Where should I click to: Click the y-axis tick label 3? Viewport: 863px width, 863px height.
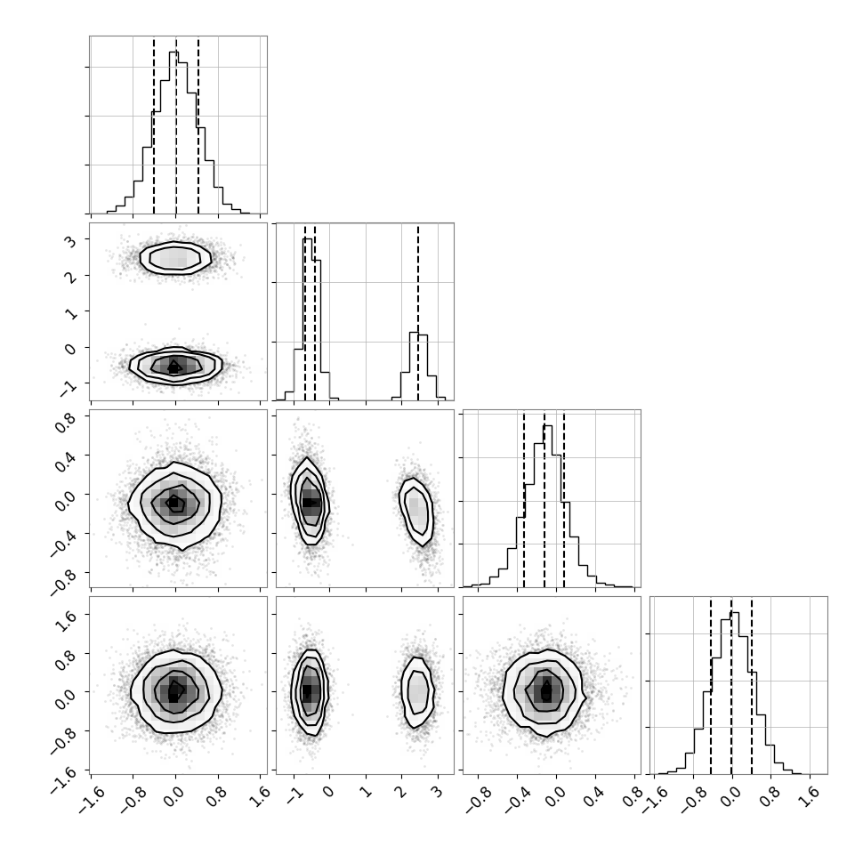click(71, 240)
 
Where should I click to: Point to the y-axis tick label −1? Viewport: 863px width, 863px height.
click(69, 388)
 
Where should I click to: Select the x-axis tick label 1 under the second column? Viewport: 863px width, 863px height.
click(365, 792)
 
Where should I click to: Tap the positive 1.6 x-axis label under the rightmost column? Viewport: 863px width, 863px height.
click(811, 797)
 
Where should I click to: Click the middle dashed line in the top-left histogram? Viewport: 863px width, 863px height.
click(176, 125)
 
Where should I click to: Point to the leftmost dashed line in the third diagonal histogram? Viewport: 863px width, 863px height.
click(524, 500)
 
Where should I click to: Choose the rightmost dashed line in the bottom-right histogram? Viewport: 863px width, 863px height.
click(751, 686)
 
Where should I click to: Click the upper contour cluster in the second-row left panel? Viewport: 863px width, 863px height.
click(175, 258)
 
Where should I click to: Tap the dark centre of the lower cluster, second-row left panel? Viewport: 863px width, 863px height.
click(173, 367)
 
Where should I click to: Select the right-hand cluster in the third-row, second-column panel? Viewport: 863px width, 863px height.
click(416, 512)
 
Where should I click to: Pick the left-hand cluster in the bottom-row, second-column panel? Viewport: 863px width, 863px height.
click(310, 692)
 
